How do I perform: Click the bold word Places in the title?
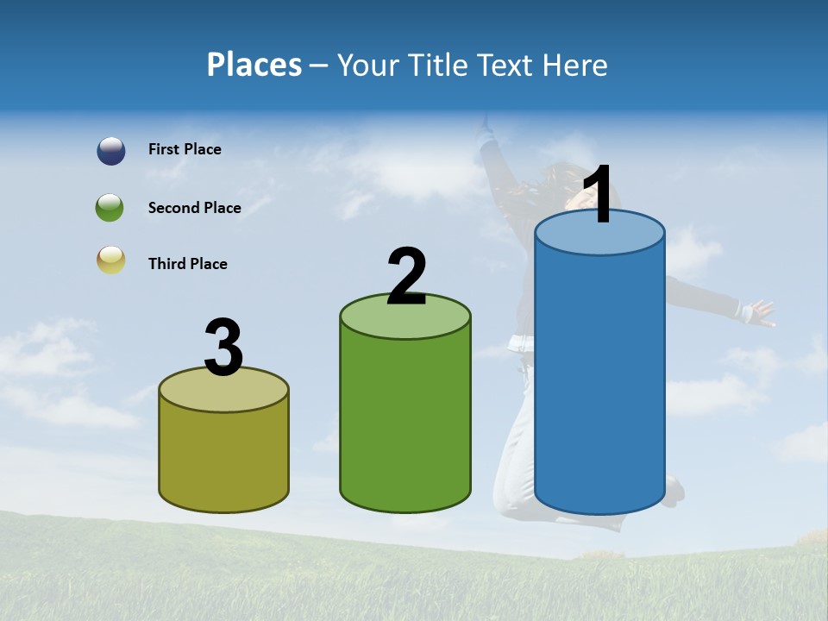point(254,65)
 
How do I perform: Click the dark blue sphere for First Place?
point(110,151)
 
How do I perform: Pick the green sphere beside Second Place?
point(110,208)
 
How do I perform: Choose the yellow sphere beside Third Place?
point(110,260)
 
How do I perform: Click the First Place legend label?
point(185,149)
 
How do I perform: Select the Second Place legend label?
point(194,208)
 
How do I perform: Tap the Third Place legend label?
point(187,264)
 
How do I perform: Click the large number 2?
point(406,277)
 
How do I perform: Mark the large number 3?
point(224,348)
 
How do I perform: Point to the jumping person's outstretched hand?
point(760,312)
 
